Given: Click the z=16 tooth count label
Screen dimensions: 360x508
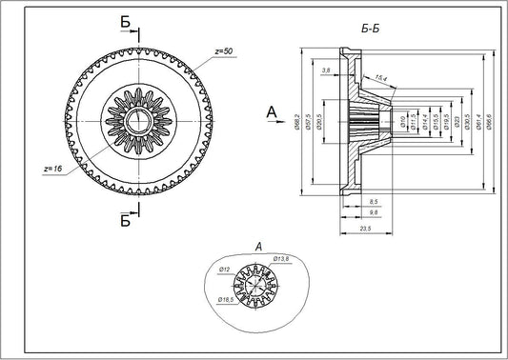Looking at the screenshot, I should (x=54, y=168).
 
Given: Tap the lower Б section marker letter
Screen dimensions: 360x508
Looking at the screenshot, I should (x=126, y=221).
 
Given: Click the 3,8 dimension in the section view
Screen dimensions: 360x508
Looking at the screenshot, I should (x=328, y=71).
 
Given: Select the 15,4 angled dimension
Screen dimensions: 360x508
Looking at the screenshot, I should (x=380, y=79).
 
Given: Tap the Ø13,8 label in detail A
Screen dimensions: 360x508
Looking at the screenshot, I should (x=281, y=258).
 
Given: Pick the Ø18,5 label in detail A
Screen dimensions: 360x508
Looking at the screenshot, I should (x=225, y=300).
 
